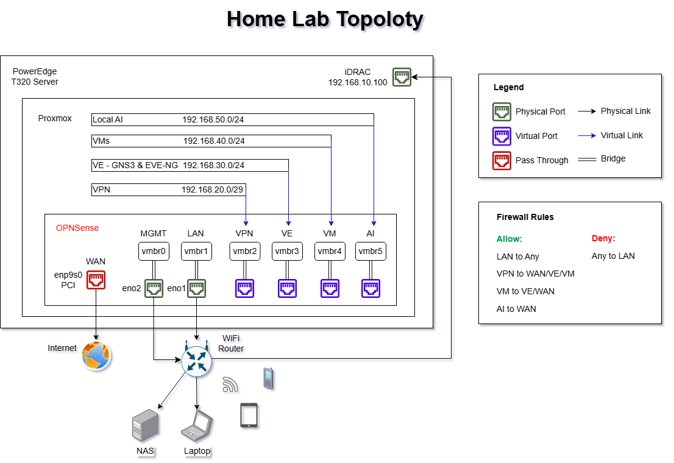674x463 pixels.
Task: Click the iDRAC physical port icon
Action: [x=402, y=77]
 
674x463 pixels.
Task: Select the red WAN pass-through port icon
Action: [x=96, y=280]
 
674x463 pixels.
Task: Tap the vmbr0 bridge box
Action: [x=154, y=251]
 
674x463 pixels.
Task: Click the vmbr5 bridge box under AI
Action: [x=371, y=251]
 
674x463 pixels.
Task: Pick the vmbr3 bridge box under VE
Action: [x=287, y=251]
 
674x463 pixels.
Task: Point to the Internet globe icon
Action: [x=96, y=356]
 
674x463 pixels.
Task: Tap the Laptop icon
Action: [x=197, y=425]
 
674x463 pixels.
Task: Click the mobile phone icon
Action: [x=268, y=378]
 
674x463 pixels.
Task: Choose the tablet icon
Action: [x=249, y=415]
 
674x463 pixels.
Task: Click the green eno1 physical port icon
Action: [x=196, y=288]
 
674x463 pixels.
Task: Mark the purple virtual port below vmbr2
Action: [x=245, y=288]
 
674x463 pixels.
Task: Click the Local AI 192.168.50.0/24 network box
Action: [x=232, y=119]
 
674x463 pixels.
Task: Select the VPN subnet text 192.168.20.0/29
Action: [x=212, y=190]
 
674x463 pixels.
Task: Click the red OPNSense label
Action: [x=77, y=228]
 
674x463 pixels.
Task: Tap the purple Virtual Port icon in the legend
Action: [x=502, y=136]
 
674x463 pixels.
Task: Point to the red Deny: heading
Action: [x=603, y=238]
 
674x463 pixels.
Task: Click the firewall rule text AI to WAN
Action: [x=516, y=309]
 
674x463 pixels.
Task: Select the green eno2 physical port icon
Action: [x=154, y=288]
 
